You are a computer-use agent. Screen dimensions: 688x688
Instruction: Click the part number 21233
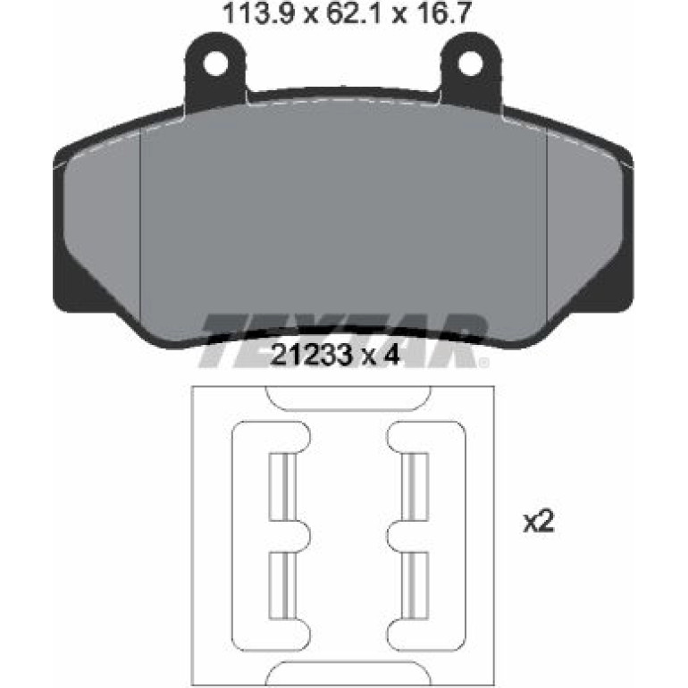312,355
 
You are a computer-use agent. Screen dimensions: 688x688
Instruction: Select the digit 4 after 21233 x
390,355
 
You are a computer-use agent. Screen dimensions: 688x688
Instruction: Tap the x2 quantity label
540,523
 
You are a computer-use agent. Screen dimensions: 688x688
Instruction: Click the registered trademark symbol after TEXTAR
483,363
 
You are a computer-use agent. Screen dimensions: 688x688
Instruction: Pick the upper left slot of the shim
282,487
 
